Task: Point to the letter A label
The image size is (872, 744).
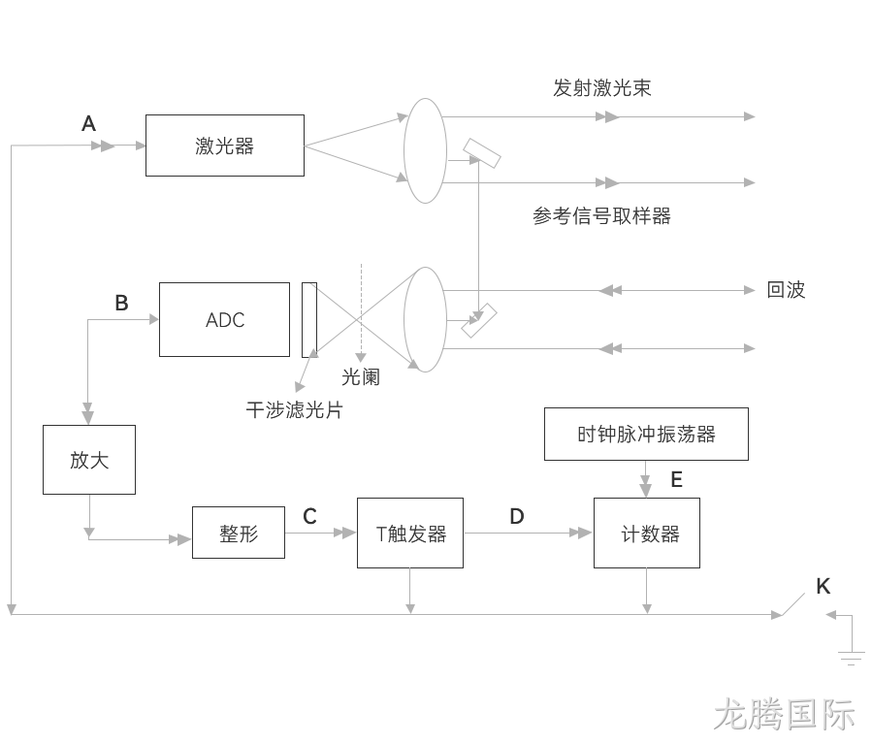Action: click(x=89, y=123)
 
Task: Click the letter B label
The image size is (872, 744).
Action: click(x=122, y=303)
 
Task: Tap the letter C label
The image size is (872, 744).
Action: click(x=309, y=517)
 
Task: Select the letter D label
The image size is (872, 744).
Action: click(x=517, y=517)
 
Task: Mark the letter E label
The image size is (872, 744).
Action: click(x=677, y=479)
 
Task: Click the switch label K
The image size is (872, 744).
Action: click(x=824, y=586)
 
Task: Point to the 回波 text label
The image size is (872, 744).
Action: click(x=786, y=290)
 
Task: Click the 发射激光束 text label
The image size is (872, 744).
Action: click(x=601, y=88)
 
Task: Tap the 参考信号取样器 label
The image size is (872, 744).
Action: click(x=601, y=215)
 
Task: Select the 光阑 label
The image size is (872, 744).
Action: click(x=361, y=377)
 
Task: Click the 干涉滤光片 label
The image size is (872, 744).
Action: click(x=294, y=409)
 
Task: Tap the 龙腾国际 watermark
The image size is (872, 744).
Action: click(x=784, y=714)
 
